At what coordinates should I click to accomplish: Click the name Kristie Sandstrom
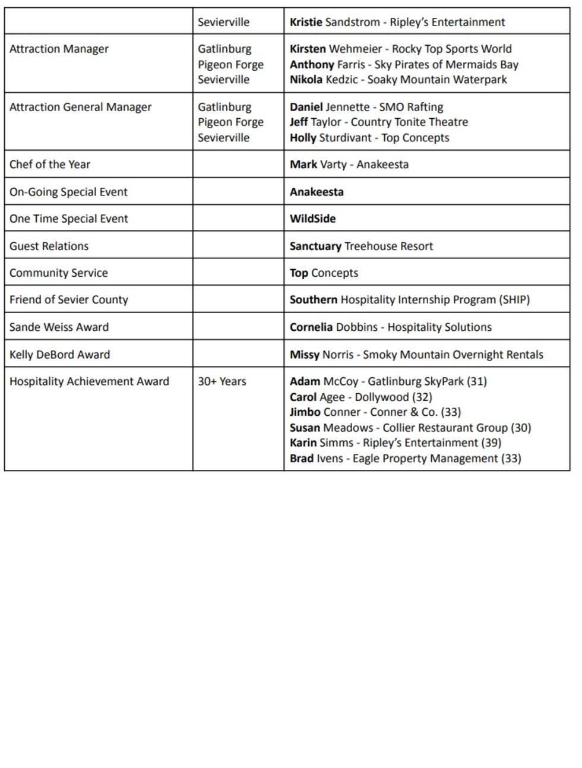334,23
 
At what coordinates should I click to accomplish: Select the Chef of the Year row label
50,165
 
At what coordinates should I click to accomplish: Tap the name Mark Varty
318,165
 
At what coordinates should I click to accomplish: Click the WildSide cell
312,219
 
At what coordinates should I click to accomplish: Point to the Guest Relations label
49,246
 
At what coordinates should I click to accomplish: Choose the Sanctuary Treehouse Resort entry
361,246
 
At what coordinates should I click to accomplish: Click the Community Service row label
58,273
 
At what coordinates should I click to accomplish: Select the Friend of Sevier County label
68,300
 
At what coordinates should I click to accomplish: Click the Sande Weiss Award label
59,327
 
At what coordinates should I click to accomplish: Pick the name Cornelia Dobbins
333,327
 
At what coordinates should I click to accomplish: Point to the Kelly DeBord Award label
59,355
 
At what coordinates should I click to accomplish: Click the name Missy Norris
321,355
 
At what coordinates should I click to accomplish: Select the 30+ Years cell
222,381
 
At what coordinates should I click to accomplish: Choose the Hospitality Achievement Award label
89,381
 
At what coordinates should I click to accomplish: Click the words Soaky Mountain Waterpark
437,80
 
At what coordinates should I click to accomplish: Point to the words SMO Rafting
411,107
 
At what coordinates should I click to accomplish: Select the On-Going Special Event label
68,192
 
